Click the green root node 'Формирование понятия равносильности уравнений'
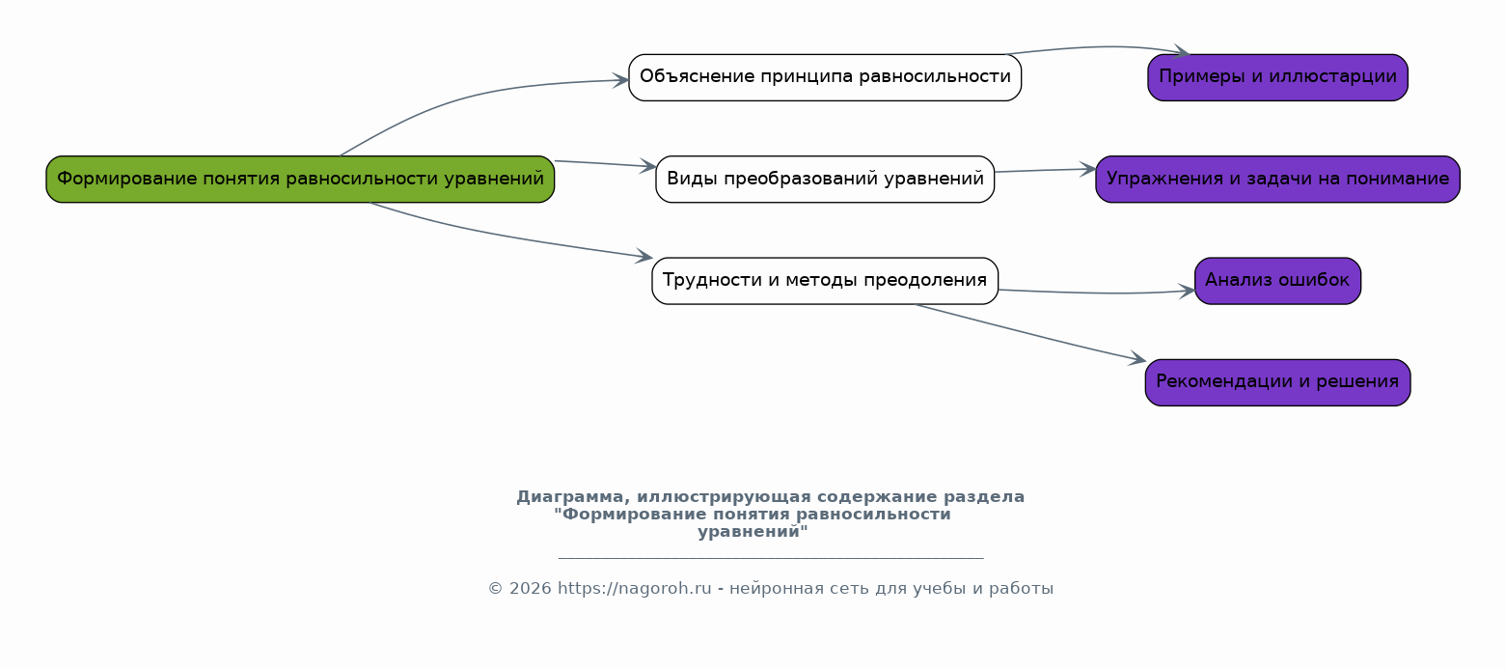tap(300, 179)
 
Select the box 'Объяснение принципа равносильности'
tap(825, 77)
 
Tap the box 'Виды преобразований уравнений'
tap(825, 179)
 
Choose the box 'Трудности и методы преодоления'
tap(825, 281)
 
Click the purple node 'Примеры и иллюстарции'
tap(1277, 77)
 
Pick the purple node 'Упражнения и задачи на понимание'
tap(1277, 179)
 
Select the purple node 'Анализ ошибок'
tap(1277, 281)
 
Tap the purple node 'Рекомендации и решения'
tap(1277, 382)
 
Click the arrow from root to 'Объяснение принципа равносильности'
tap(463, 98)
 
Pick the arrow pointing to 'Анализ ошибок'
tap(1100, 293)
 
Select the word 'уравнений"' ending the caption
tap(753, 532)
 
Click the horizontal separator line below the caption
tap(770, 558)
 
